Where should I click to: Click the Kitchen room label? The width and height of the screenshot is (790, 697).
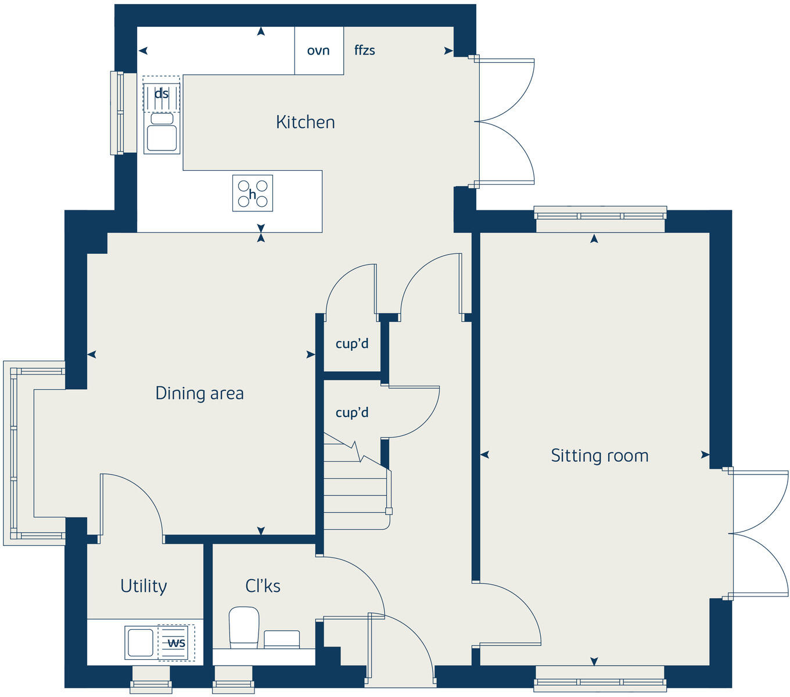(x=305, y=122)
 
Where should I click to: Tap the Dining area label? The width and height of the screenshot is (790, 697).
(x=199, y=393)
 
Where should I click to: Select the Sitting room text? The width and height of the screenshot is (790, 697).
(x=599, y=455)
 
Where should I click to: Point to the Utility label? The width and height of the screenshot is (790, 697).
(x=143, y=586)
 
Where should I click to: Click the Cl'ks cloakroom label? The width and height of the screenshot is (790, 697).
(x=263, y=586)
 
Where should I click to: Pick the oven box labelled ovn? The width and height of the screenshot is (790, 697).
(x=318, y=51)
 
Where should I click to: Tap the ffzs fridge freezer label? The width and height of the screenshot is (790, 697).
(x=365, y=51)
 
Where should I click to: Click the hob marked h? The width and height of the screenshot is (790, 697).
(x=253, y=193)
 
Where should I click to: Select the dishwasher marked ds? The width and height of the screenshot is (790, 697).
(x=161, y=94)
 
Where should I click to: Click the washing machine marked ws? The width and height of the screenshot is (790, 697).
(x=177, y=643)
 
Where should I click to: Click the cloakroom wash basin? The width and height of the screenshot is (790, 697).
(x=282, y=639)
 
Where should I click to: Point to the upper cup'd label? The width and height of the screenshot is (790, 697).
(x=352, y=343)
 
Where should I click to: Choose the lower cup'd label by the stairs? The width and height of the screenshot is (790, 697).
(x=352, y=412)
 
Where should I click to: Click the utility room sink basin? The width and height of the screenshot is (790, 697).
(x=139, y=642)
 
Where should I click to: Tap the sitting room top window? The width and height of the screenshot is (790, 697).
(x=600, y=214)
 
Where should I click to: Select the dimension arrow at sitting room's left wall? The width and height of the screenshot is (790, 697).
(x=484, y=455)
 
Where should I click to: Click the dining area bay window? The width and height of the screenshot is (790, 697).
(x=13, y=453)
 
